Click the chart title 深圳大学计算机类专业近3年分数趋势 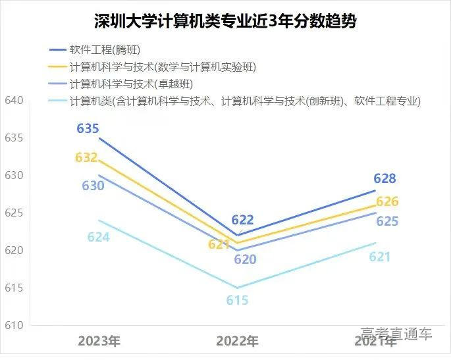[x=225, y=21]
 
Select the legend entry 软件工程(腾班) [x=104, y=51]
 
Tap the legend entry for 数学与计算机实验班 [x=162, y=67]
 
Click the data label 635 [x=88, y=128]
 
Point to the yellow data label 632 [x=86, y=158]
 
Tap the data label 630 [x=93, y=186]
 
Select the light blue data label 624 [x=98, y=237]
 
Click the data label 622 [x=242, y=220]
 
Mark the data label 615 [x=237, y=300]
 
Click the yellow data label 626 [x=387, y=201]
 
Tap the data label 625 [x=387, y=221]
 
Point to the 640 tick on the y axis [x=14, y=101]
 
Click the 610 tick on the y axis [x=14, y=326]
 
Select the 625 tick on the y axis [x=14, y=213]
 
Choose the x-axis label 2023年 [x=99, y=341]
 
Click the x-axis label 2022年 [x=237, y=341]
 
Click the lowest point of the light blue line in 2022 [x=237, y=288]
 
